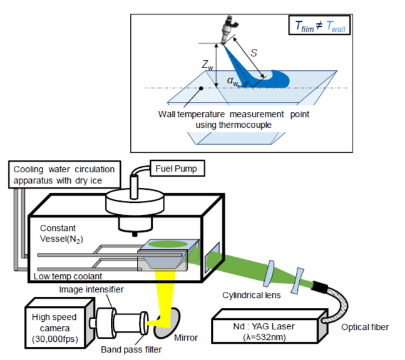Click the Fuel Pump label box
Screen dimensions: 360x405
[x=177, y=169]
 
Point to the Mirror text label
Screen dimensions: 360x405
[x=187, y=337]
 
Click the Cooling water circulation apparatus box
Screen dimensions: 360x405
[x=64, y=175]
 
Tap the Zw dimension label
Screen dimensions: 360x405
[x=207, y=64]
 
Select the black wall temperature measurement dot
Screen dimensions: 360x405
[x=200, y=88]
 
